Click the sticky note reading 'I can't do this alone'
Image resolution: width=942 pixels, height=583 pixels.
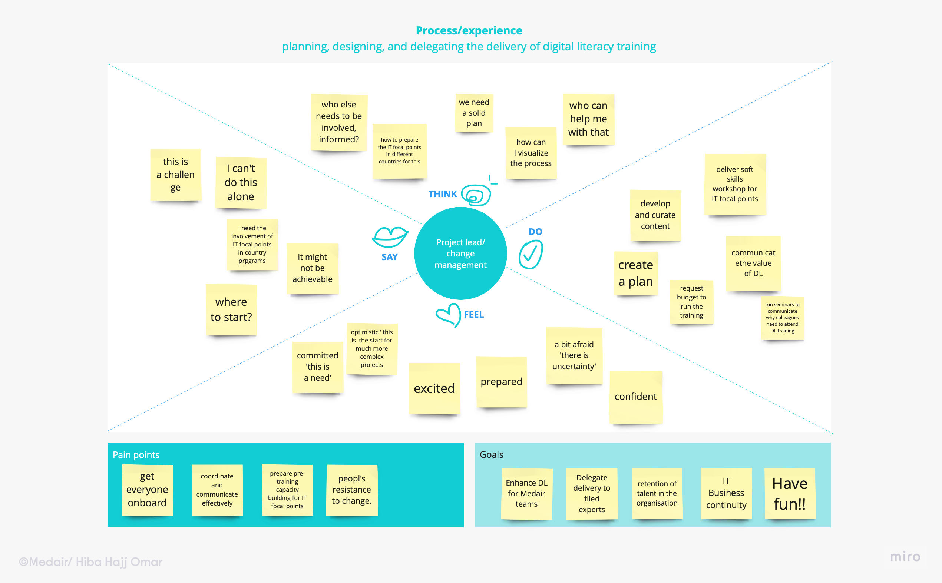click(x=241, y=182)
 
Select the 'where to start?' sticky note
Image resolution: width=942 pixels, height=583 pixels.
click(x=231, y=309)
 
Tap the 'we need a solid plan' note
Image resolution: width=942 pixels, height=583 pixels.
click(x=474, y=113)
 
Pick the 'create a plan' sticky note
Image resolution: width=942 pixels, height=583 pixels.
click(x=635, y=274)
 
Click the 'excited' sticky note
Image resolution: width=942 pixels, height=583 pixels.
click(x=434, y=388)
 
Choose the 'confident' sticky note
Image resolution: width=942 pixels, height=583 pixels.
click(x=635, y=397)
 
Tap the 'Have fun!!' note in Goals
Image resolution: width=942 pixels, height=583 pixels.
click(x=789, y=494)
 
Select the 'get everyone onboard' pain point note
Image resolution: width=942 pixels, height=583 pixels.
click(x=147, y=490)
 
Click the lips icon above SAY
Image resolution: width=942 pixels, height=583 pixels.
click(x=390, y=237)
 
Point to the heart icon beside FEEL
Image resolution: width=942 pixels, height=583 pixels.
click(x=449, y=315)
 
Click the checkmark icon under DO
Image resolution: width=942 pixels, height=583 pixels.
click(x=531, y=254)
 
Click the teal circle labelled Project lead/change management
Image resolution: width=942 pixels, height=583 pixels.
click(x=460, y=254)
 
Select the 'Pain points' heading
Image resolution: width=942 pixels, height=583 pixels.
click(x=136, y=455)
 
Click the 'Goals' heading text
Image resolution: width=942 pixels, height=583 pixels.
click(x=491, y=454)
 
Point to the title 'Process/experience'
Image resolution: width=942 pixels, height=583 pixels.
click(x=469, y=30)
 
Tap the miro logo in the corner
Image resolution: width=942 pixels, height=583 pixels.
click(x=905, y=556)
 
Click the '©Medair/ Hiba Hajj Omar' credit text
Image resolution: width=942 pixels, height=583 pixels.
click(x=90, y=562)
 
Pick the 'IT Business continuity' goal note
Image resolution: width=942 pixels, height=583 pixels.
click(x=726, y=493)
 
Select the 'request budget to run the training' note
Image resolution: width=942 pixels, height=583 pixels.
click(x=691, y=302)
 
